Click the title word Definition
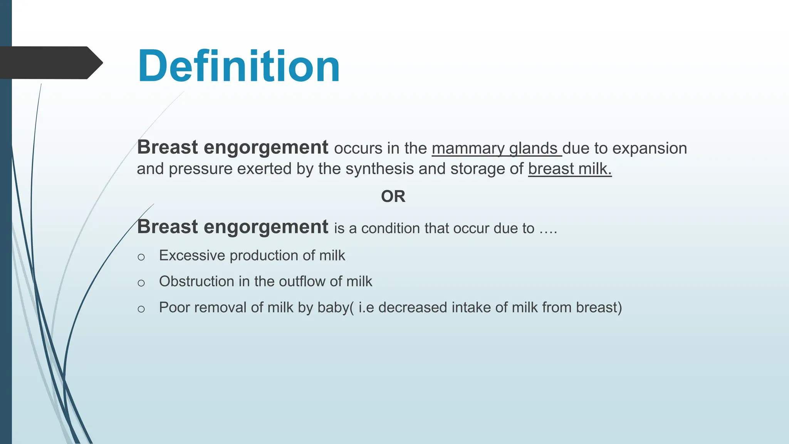pos(238,66)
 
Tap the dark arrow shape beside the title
pos(50,62)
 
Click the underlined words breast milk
pos(569,169)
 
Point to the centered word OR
pos(393,197)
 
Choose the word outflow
pos(301,281)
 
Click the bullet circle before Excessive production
pos(141,257)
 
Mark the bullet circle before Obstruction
pos(141,283)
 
